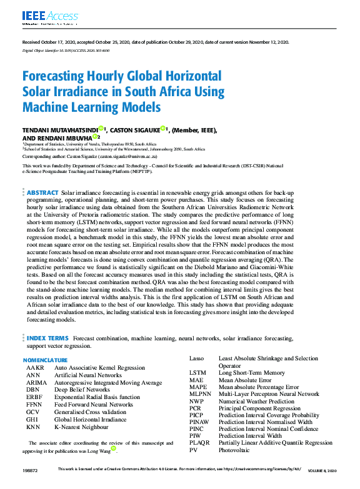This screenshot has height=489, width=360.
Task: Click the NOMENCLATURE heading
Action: point(45,360)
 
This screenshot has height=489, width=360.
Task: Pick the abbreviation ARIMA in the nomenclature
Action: point(36,383)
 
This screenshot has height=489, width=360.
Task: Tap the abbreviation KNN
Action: point(34,427)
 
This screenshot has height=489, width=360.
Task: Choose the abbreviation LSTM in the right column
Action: point(198,373)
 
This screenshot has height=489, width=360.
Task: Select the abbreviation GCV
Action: point(33,412)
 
